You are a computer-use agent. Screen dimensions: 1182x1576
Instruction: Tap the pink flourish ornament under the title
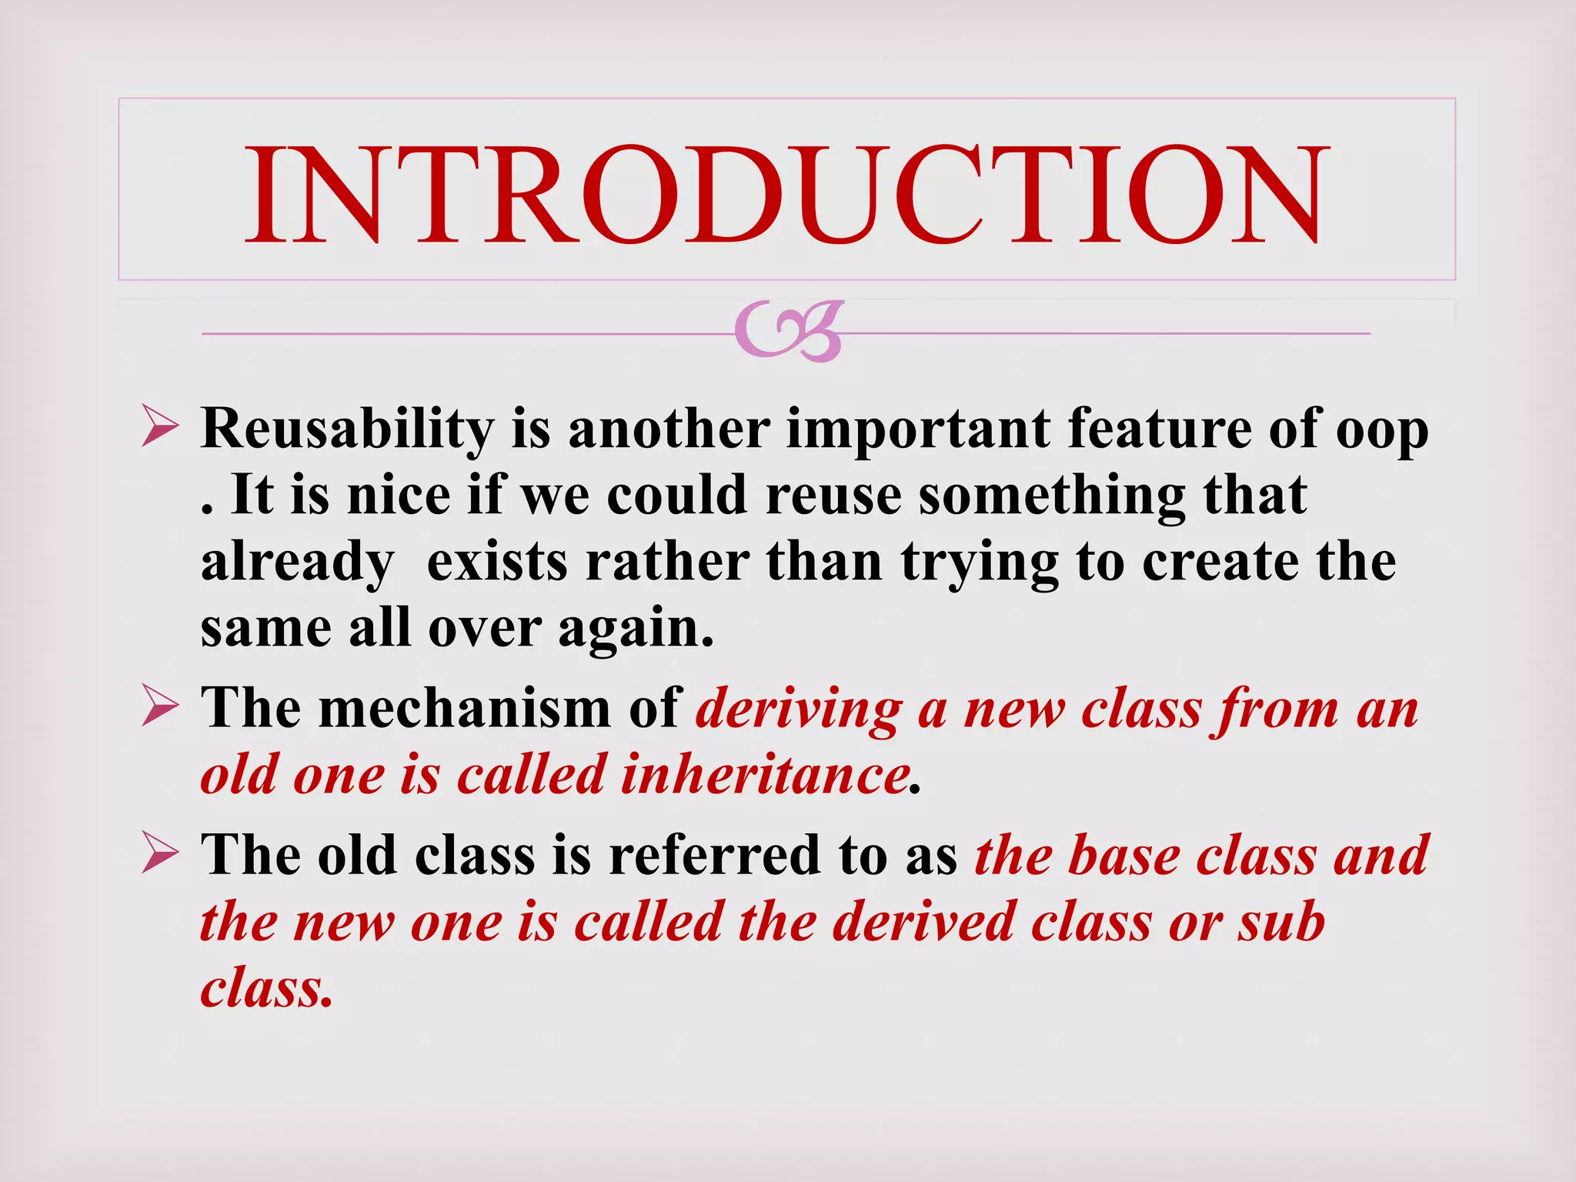pos(789,332)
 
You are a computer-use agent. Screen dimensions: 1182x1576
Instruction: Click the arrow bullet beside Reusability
pos(160,429)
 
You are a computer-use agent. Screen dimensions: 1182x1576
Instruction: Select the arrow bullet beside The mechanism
pos(160,709)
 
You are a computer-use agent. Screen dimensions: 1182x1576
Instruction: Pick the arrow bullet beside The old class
pos(160,856)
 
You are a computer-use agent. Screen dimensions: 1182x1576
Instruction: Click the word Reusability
pos(347,429)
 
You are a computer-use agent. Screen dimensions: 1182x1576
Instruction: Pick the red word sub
pos(1280,922)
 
